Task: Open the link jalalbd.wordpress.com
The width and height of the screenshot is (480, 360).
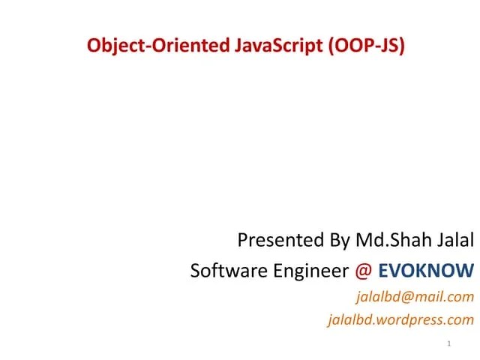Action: (x=401, y=320)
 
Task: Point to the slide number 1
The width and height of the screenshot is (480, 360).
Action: (x=448, y=344)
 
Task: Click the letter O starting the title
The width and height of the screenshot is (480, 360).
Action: (x=94, y=46)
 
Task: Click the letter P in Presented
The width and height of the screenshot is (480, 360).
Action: (x=243, y=241)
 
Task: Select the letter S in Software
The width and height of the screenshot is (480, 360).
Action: (x=196, y=270)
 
